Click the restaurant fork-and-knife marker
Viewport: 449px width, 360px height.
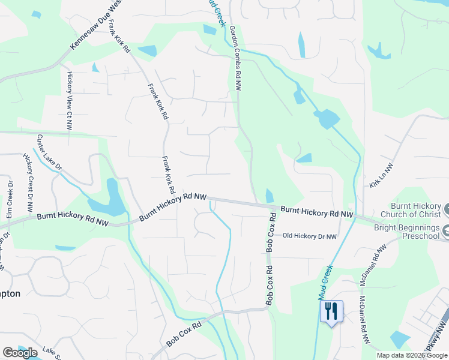(x=331, y=311)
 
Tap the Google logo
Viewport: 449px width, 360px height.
(x=20, y=353)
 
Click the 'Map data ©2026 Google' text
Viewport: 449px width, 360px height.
(x=412, y=355)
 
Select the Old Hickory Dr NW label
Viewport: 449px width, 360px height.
(x=309, y=236)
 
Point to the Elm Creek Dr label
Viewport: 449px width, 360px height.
(x=10, y=199)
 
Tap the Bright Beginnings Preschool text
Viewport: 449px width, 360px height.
(x=407, y=232)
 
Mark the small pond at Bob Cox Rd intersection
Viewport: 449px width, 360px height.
(x=269, y=196)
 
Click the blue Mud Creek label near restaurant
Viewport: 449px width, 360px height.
(x=326, y=283)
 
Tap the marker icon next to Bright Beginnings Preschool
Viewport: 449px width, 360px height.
(x=445, y=230)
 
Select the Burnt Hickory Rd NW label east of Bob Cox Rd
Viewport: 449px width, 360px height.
(x=316, y=212)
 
